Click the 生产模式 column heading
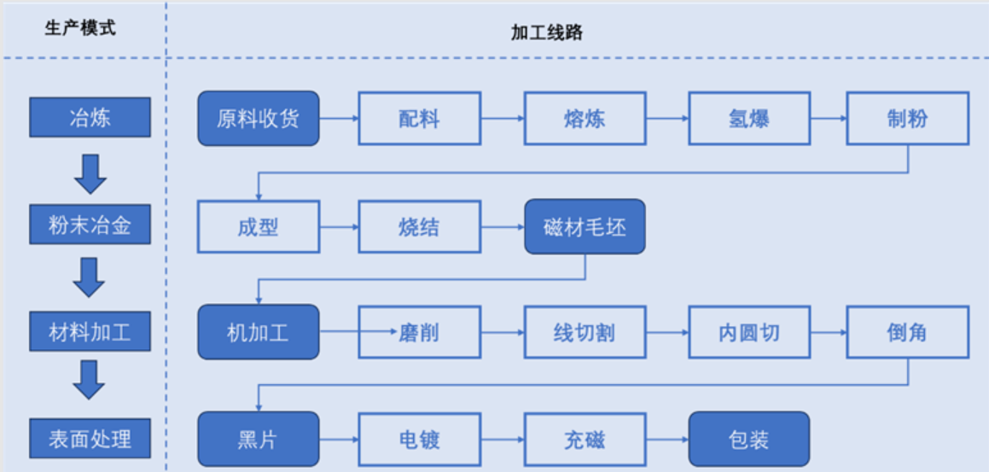(x=80, y=28)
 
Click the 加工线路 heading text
(x=547, y=32)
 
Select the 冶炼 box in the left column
(x=90, y=118)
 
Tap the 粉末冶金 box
(x=90, y=225)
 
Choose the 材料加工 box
(x=90, y=332)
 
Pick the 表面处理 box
(x=90, y=439)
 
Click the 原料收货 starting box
(x=258, y=119)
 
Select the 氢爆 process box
(x=748, y=119)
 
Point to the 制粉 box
(x=907, y=119)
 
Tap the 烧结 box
(x=418, y=226)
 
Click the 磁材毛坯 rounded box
(x=585, y=226)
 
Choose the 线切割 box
(x=585, y=332)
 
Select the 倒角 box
(x=907, y=332)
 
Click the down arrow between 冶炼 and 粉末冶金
(x=90, y=173)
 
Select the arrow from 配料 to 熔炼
(x=501, y=119)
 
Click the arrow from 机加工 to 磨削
(x=339, y=332)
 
